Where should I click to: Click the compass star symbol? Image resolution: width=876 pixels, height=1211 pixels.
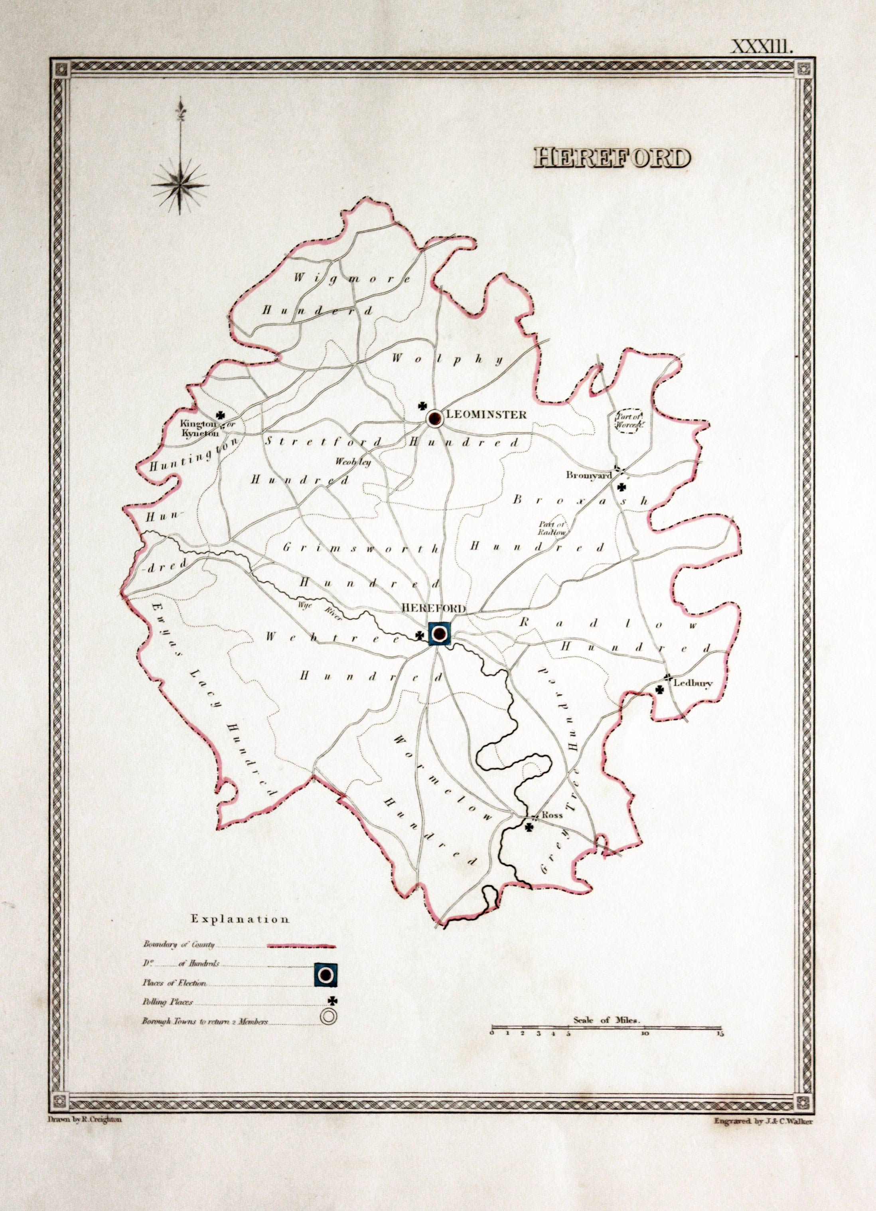[181, 185]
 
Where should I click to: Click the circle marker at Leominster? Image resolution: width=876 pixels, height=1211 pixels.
[435, 418]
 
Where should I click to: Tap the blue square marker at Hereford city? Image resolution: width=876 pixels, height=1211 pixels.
[440, 634]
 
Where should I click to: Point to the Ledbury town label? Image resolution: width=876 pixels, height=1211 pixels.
[693, 684]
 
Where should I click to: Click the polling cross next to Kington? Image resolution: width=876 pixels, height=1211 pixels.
[219, 414]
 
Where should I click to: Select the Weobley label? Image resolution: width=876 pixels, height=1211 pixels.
[353, 462]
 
